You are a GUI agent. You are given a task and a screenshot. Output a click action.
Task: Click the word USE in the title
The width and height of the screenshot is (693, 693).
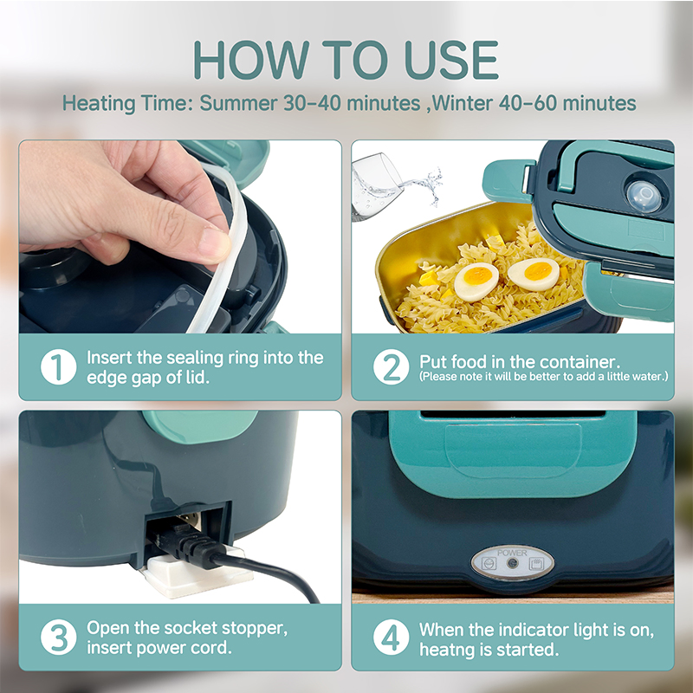(x=451, y=60)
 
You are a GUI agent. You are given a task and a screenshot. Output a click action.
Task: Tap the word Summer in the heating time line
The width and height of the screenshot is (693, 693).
(x=238, y=103)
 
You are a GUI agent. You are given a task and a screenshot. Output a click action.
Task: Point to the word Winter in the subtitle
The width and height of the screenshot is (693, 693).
(x=463, y=103)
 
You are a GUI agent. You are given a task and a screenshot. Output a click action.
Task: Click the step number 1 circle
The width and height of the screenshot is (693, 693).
(x=58, y=366)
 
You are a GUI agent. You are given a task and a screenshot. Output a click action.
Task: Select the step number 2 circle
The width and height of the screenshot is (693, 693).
(x=392, y=366)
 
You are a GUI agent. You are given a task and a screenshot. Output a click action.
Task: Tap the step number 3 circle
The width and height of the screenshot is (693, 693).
(x=58, y=637)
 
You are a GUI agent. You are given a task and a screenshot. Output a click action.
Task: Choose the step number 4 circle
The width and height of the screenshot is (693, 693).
(x=392, y=637)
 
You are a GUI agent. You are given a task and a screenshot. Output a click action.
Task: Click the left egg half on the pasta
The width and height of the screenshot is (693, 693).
(x=476, y=282)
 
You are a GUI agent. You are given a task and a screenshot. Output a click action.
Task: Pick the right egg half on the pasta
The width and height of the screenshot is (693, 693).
(x=534, y=274)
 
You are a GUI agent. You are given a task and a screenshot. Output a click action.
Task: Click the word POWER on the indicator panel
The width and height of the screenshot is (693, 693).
(x=512, y=553)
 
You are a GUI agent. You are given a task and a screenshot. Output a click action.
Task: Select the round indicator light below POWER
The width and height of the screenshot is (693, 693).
(x=513, y=564)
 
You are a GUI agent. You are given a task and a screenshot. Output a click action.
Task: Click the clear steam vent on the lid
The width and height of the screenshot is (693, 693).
(x=644, y=197)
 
